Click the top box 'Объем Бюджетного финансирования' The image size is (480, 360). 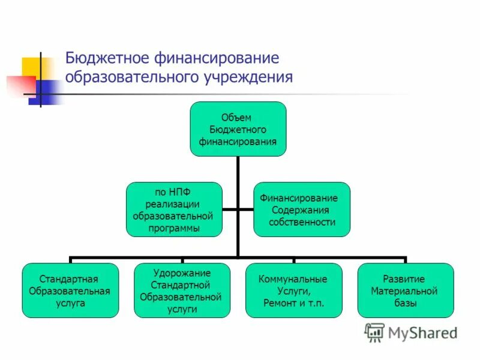click(x=238, y=129)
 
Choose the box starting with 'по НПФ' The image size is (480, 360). click(x=174, y=209)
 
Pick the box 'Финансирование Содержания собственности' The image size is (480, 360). click(x=303, y=209)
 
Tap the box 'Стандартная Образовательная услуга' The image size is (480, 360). click(x=70, y=290)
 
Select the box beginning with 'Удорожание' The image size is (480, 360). click(x=181, y=290)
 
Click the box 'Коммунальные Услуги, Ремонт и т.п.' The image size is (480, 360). click(x=293, y=290)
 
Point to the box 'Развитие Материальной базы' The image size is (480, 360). click(x=405, y=290)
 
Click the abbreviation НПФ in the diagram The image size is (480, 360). click(x=179, y=193)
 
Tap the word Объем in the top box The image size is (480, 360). click(x=238, y=117)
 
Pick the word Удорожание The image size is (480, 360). click(x=181, y=273)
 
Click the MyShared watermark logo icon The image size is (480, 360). click(x=374, y=332)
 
